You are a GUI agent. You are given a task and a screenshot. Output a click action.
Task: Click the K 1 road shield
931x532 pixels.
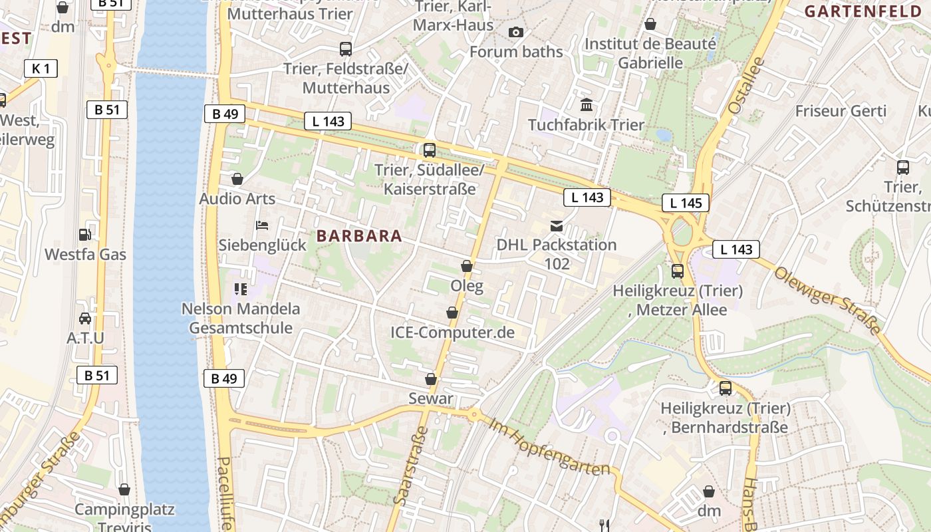point(41,68)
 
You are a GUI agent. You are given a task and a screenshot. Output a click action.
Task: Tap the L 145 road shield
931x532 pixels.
point(686,203)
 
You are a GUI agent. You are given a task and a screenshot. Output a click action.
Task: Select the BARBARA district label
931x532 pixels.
point(359,235)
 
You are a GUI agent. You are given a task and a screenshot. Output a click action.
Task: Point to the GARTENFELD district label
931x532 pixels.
point(866,11)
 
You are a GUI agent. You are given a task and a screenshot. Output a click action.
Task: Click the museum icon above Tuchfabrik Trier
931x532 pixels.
point(587,105)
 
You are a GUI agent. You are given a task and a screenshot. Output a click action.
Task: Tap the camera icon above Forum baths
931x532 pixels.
point(515,32)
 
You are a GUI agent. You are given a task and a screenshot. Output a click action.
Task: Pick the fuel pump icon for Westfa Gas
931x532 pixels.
point(85,234)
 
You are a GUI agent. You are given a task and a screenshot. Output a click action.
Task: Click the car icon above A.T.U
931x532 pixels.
point(85,318)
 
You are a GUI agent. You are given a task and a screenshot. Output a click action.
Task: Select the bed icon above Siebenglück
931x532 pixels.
point(262,225)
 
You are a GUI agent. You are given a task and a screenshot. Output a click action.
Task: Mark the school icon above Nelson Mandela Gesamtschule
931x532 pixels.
point(241,289)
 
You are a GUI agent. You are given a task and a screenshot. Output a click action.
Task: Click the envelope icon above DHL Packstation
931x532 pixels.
point(556,225)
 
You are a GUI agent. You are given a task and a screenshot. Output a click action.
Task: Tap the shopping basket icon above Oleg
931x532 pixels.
point(467,266)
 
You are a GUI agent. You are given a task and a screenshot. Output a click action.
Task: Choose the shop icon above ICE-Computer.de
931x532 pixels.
point(452,313)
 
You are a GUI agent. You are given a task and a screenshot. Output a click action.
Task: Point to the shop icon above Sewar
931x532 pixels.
point(431,379)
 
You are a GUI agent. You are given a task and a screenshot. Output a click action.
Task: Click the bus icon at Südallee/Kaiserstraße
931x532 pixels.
point(430,150)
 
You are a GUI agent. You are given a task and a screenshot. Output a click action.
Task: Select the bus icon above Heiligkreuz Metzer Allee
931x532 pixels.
point(678,271)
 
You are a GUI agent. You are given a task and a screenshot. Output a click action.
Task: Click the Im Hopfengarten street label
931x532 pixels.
point(549,446)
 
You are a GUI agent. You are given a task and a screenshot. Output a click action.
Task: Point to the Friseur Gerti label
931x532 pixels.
point(841,111)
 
